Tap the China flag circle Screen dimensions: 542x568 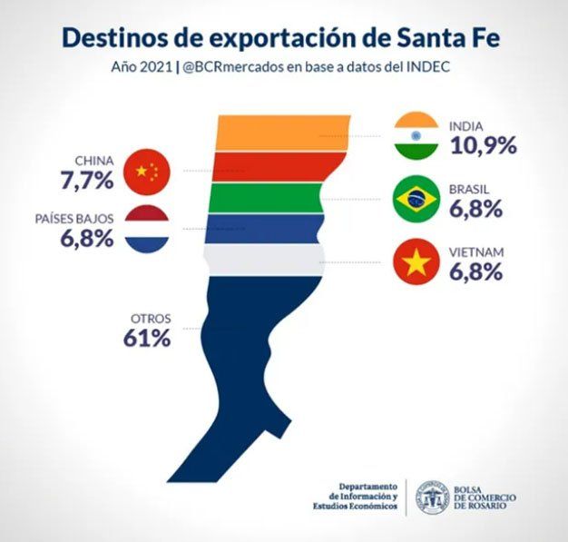[x=146, y=170]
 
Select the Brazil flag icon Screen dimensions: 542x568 [x=416, y=199]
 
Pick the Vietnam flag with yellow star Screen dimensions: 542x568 [x=416, y=261]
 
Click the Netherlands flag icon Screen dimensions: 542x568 [x=146, y=229]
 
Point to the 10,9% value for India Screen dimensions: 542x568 [x=482, y=144]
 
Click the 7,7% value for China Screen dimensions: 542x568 [x=87, y=179]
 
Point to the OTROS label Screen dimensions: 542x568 [x=150, y=319]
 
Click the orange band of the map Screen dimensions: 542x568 [x=281, y=133]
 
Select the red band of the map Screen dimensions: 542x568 [x=272, y=167]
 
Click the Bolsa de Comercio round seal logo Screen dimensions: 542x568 [x=433, y=497]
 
